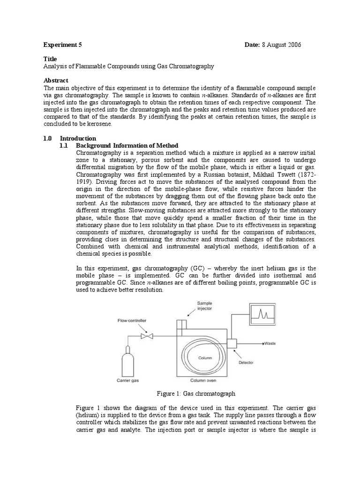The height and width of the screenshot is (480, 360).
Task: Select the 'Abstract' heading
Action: coord(56,80)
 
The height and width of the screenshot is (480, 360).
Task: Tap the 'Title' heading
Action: coord(50,59)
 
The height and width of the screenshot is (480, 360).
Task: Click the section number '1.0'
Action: coord(47,138)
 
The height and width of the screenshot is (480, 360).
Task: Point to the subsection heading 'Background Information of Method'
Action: coord(127,145)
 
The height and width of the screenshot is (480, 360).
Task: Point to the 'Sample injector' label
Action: coord(204,305)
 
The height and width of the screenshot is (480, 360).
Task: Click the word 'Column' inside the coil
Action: coord(205,358)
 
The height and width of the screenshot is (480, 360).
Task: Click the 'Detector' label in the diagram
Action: coord(246,362)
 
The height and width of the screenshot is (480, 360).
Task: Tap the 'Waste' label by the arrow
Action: coord(269,343)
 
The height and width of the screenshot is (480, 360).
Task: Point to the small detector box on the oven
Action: coord(232,343)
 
